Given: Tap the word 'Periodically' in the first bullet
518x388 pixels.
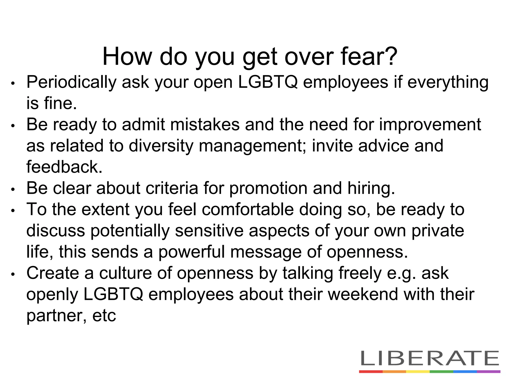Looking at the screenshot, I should point(71,83).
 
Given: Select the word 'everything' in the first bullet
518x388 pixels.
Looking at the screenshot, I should point(448,83).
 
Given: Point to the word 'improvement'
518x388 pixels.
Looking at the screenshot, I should point(430,125).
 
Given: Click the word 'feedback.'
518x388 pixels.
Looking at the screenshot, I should point(64,167).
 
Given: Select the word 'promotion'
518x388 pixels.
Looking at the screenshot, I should point(268,189).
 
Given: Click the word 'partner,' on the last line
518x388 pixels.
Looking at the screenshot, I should point(57,316).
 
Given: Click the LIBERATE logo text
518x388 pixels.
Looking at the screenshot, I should point(429,358).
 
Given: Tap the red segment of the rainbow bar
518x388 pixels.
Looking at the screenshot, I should point(371,372).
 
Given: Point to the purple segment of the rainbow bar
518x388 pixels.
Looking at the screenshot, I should point(488,372).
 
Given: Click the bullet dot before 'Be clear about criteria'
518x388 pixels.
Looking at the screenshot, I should point(13,189).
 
